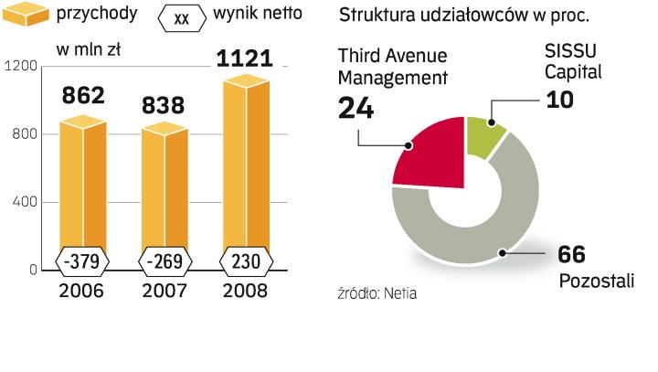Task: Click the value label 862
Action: coord(83,94)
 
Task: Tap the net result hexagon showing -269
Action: coord(164,262)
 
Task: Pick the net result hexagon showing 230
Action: coord(246,262)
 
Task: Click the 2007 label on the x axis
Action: coord(164,292)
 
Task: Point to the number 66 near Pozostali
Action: coord(571,255)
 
